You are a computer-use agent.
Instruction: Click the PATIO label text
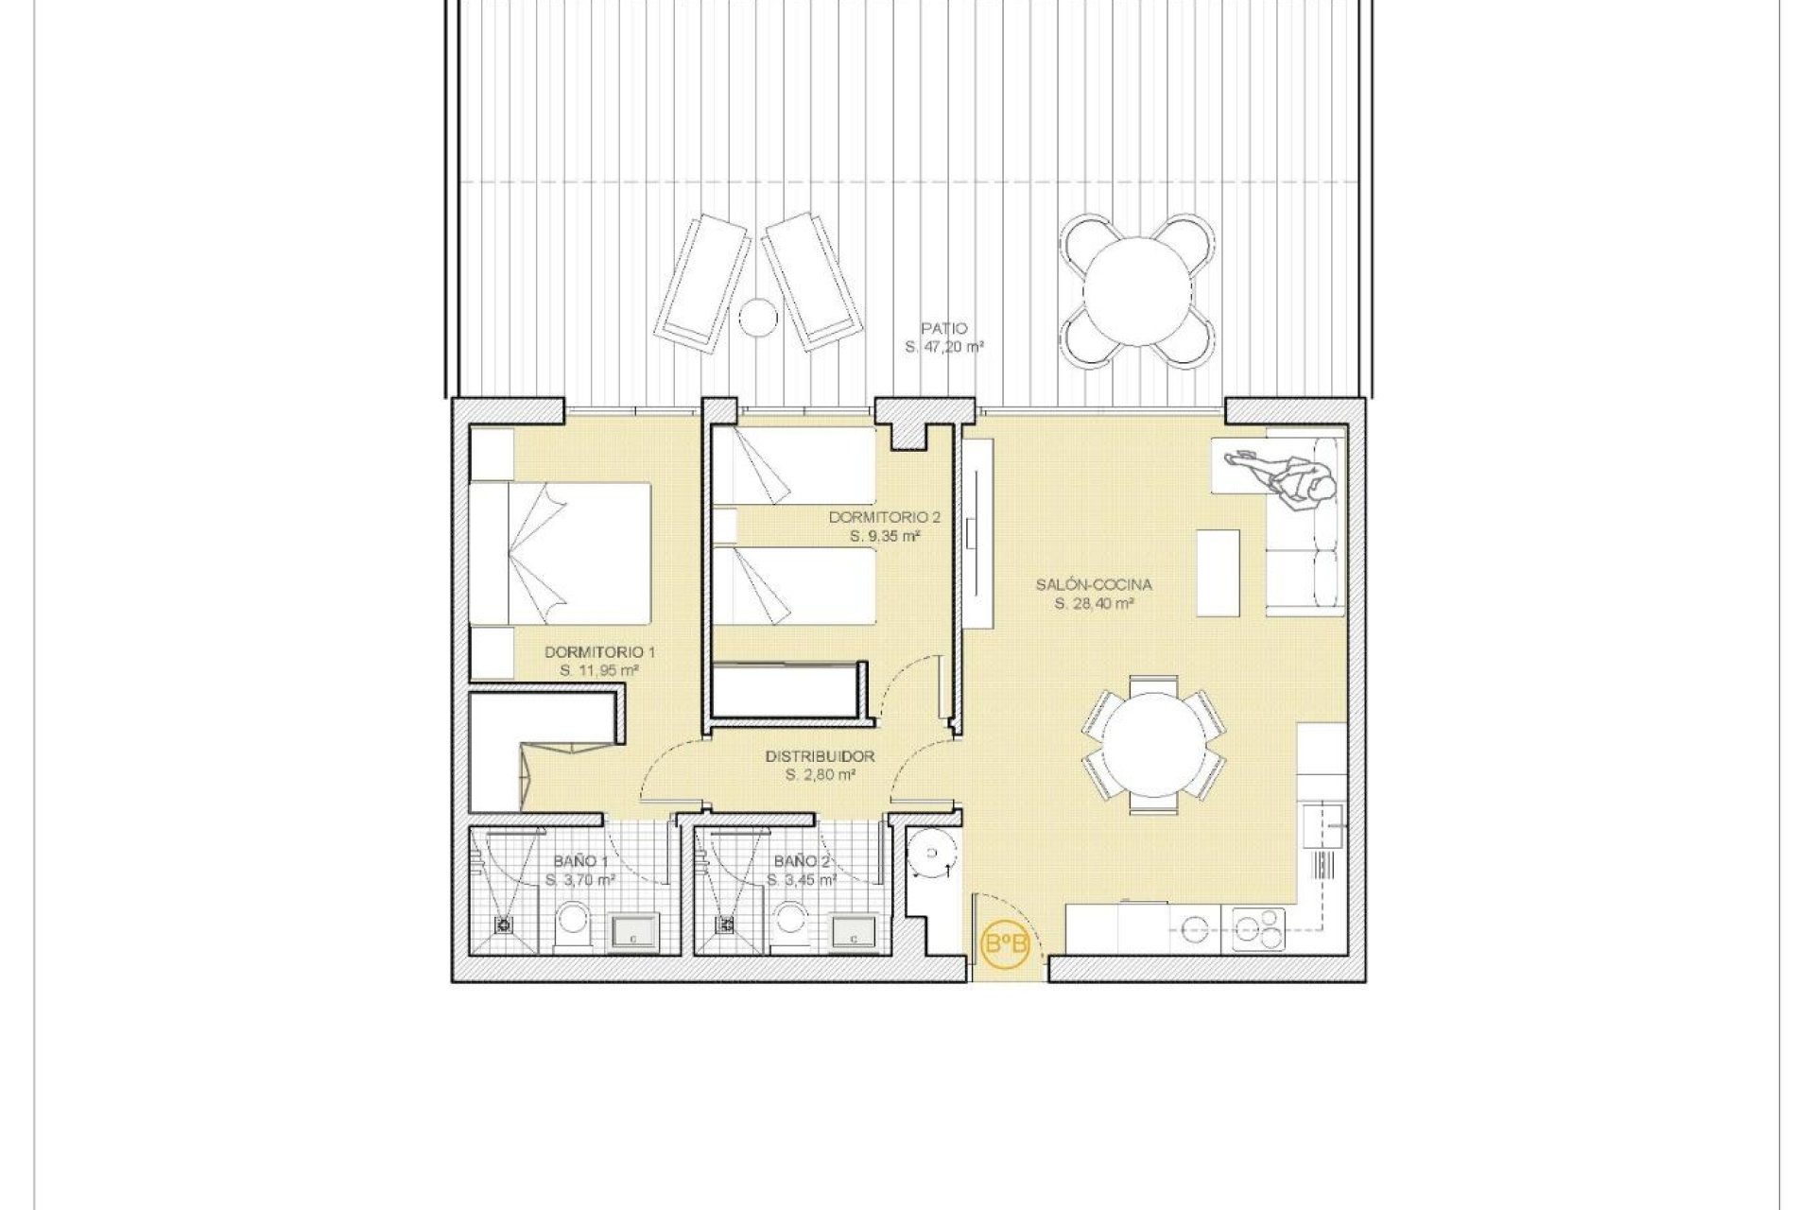click(x=945, y=329)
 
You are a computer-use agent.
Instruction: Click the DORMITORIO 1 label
click(x=599, y=652)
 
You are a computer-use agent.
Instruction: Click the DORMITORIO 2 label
click(x=884, y=517)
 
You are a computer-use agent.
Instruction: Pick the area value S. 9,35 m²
click(x=884, y=536)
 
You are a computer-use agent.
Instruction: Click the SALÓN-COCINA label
click(x=1094, y=585)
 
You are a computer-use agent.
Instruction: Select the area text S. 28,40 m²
click(x=1094, y=603)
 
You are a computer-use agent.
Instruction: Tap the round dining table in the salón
click(x=1153, y=742)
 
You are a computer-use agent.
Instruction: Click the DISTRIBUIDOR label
click(x=820, y=756)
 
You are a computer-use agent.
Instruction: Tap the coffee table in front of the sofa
click(x=1219, y=574)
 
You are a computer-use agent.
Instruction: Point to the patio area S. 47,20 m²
click(x=945, y=348)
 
